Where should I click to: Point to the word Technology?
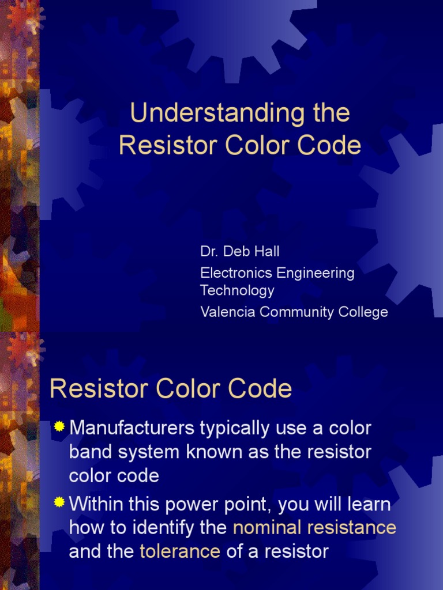(237, 290)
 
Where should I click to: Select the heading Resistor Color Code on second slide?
(171, 389)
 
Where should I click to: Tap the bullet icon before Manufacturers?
(59, 427)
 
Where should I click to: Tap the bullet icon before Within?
(59, 503)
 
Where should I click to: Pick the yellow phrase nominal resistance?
(314, 527)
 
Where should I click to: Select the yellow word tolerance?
(180, 551)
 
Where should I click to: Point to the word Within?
(96, 505)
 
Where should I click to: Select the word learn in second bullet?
(366, 505)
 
